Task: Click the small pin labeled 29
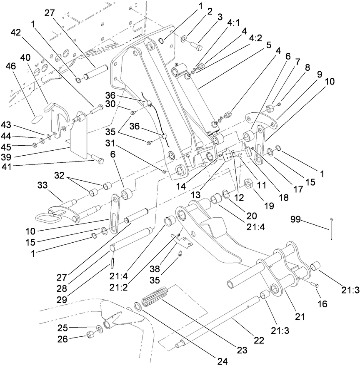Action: [113, 265]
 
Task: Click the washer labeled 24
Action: [137, 308]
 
